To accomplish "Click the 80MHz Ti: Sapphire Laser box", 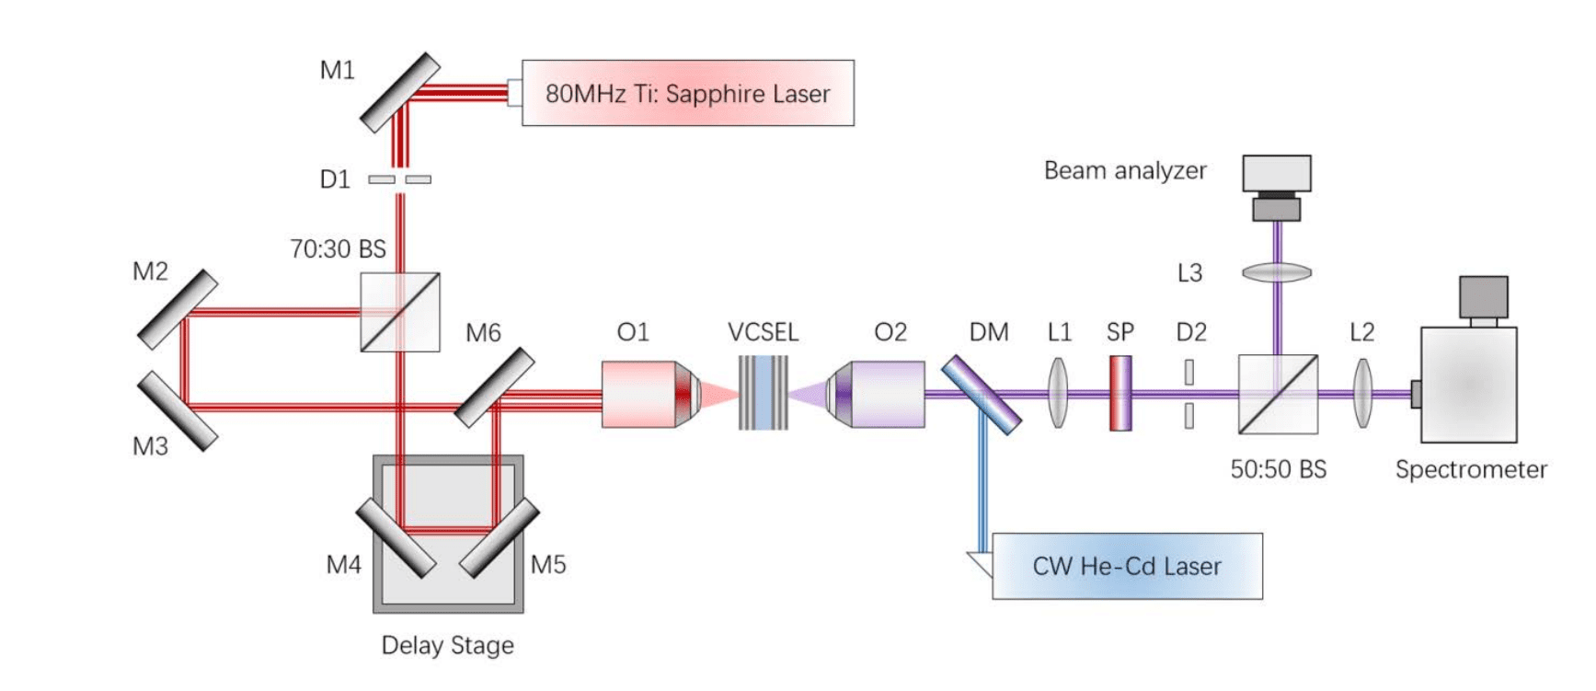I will [687, 93].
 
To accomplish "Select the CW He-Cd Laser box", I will [1126, 566].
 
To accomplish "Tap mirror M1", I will [399, 92].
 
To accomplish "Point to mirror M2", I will [178, 309].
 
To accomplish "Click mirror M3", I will [178, 411].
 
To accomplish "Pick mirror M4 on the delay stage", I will [396, 537].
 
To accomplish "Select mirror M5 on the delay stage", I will [499, 537].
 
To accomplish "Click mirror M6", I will [495, 387].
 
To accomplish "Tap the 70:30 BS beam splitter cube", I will [399, 312].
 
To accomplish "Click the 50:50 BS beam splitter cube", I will [1278, 395].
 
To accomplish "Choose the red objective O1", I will [649, 394].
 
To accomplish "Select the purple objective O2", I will [878, 394].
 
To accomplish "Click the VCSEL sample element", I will [764, 394].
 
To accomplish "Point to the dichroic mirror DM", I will [981, 395].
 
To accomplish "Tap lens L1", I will [1059, 394].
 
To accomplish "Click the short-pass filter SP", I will [1120, 394].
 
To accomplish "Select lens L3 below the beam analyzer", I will [1277, 272].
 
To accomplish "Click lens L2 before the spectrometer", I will [1362, 394].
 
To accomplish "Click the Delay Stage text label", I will [447, 645].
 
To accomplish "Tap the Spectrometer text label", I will [1470, 469].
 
